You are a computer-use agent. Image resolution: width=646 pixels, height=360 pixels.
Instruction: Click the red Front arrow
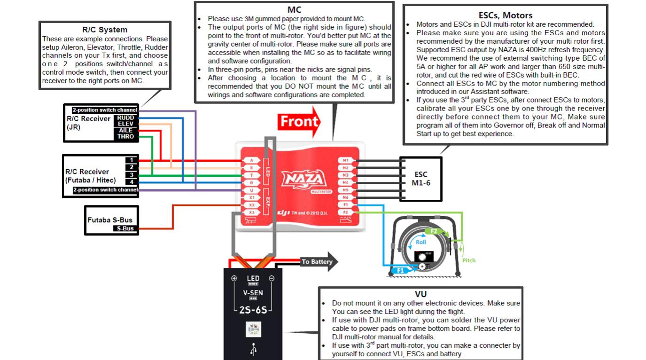point(299,122)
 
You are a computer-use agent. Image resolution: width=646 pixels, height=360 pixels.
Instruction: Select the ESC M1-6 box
point(420,178)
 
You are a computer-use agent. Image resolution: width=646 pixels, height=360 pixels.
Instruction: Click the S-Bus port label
point(125,229)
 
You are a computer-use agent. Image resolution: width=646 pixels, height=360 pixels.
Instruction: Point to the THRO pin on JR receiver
point(125,137)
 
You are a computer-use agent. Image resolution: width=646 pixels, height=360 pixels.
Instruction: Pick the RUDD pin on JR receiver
point(125,118)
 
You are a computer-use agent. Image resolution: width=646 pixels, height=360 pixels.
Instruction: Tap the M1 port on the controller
point(345,160)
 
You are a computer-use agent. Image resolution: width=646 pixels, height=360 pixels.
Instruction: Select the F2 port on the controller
point(345,212)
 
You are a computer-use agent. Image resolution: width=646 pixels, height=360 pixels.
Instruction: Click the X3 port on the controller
point(252,212)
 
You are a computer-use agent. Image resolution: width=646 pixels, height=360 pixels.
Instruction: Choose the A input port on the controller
point(252,160)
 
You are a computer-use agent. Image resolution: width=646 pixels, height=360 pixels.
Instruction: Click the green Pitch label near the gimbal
point(468,260)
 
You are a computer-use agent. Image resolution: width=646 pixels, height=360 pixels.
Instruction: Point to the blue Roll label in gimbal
point(421,243)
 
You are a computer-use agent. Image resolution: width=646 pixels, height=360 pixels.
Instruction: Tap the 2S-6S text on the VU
point(253,310)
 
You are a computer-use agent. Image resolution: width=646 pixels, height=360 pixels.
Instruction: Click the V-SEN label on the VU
point(253,293)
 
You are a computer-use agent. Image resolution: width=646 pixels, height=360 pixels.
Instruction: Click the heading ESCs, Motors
point(505,16)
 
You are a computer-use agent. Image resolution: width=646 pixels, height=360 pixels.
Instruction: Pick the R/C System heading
point(105,30)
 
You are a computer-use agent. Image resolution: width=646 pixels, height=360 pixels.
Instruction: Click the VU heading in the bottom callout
point(420,294)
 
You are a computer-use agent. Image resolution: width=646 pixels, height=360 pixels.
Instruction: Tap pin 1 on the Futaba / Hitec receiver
point(132,160)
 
